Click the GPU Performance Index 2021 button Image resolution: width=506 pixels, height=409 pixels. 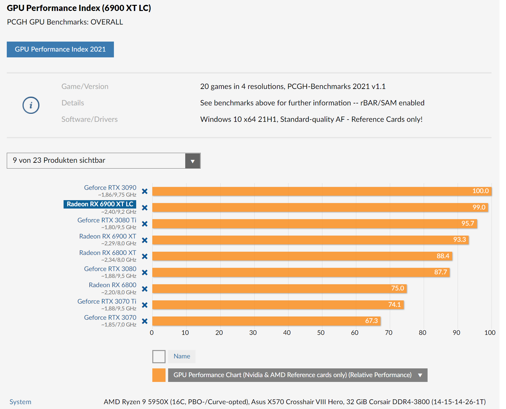[60, 49]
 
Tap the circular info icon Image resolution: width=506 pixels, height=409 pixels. [31, 105]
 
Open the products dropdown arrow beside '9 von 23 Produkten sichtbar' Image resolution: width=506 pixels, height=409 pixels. [193, 161]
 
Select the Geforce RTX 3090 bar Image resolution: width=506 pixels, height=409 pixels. [322, 191]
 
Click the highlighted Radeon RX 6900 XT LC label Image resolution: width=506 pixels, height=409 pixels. [100, 204]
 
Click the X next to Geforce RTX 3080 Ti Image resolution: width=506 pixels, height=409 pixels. [145, 224]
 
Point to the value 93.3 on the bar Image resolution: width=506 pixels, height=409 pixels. [460, 239]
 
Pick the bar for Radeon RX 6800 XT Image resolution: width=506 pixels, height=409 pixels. [302, 256]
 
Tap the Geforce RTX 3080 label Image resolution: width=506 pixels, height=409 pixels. [110, 269]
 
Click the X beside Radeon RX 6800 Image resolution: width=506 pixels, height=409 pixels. [145, 289]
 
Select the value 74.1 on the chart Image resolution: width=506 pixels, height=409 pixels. [394, 305]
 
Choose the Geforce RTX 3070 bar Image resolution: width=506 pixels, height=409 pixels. [266, 321]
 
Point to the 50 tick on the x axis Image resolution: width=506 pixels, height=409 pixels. [321, 333]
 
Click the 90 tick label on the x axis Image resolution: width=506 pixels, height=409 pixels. [456, 333]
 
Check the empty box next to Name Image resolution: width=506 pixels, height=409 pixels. [159, 356]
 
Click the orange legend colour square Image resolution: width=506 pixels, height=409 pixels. [159, 375]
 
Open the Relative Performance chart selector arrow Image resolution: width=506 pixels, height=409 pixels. [420, 375]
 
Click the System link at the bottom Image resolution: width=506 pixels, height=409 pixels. [20, 402]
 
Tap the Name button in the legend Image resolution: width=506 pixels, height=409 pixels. [182, 356]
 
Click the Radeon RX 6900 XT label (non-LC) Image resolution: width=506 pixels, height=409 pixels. [107, 236]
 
